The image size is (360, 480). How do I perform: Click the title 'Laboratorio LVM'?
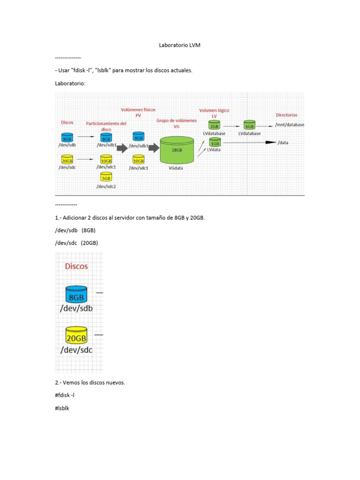[180, 45]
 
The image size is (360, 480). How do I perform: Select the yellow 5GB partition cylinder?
[106, 177]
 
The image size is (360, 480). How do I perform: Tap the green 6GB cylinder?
[249, 125]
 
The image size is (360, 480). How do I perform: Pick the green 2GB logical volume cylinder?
[214, 125]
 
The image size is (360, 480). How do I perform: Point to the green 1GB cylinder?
[214, 142]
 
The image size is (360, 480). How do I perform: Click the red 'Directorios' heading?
[286, 115]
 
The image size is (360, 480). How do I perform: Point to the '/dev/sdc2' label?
[106, 186]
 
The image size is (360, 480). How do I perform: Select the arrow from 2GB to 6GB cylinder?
[232, 126]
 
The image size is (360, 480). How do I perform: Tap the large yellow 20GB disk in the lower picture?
[76, 336]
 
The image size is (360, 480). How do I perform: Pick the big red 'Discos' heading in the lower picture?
[76, 266]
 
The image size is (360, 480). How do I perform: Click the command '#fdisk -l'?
[65, 395]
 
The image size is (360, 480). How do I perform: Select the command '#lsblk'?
[62, 408]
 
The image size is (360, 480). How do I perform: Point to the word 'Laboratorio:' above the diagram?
[70, 82]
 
